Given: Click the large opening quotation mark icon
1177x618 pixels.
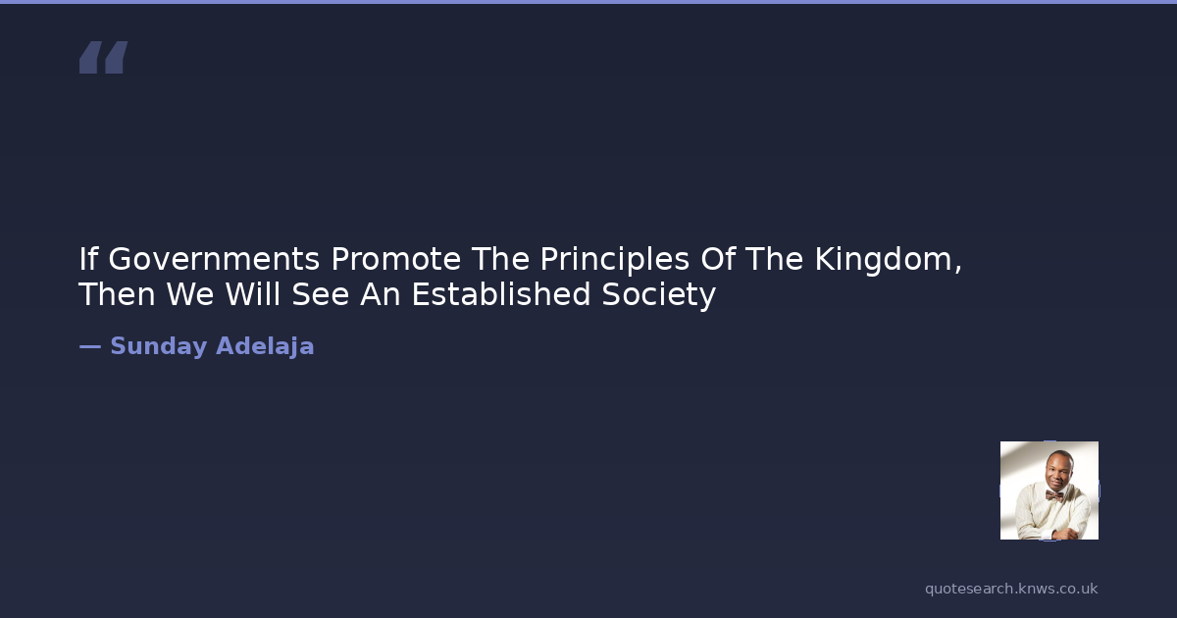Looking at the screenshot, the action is pyautogui.click(x=104, y=57).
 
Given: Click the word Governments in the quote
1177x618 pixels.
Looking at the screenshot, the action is pyautogui.click(x=214, y=259).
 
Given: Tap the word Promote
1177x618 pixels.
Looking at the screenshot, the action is pyautogui.click(x=395, y=259).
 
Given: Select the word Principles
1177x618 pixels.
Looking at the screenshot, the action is pyautogui.click(x=614, y=260).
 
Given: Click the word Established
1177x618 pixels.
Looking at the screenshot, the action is pyautogui.click(x=501, y=294).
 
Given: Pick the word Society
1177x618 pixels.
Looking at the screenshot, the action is pyautogui.click(x=658, y=295).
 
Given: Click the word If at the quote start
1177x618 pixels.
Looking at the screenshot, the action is pyautogui.click(x=88, y=259).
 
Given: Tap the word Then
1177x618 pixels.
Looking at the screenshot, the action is pyautogui.click(x=117, y=294).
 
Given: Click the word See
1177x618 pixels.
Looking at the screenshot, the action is pyautogui.click(x=321, y=294).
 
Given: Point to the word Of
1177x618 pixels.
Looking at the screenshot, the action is pyautogui.click(x=717, y=259).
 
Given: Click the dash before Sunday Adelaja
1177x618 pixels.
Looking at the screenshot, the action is pyautogui.click(x=90, y=347).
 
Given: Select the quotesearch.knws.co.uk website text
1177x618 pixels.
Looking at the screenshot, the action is pyautogui.click(x=1011, y=590).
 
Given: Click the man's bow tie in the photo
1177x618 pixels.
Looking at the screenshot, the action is pyautogui.click(x=1053, y=495).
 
